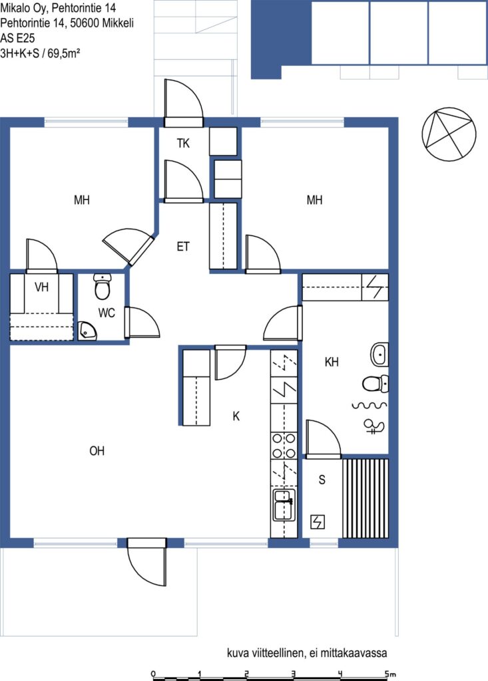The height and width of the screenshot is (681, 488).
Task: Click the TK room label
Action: [x=183, y=143]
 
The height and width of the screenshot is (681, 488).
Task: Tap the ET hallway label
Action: [x=183, y=247]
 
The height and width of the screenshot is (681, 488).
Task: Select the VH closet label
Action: [x=41, y=287]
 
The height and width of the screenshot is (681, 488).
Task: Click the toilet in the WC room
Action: [x=103, y=287]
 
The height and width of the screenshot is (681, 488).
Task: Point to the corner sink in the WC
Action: [x=87, y=331]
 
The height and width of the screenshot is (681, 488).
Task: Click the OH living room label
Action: [x=97, y=451]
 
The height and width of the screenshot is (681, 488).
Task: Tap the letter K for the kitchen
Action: [x=236, y=416]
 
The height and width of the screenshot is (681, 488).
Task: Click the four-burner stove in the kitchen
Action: [x=284, y=446]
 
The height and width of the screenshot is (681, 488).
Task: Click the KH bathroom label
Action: [x=332, y=362]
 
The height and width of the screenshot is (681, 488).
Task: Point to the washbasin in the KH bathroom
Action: [x=379, y=354]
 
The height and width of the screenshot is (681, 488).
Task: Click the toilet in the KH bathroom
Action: [x=375, y=384]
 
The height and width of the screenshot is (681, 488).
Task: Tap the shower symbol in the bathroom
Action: [x=374, y=426]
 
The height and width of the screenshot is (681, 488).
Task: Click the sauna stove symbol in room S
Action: [x=318, y=521]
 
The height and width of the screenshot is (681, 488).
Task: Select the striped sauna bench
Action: [x=366, y=498]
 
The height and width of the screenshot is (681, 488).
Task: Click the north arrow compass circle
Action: [x=449, y=134]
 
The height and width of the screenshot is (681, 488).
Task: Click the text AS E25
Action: [x=17, y=38]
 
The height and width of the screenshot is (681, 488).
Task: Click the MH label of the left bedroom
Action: [x=82, y=200]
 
